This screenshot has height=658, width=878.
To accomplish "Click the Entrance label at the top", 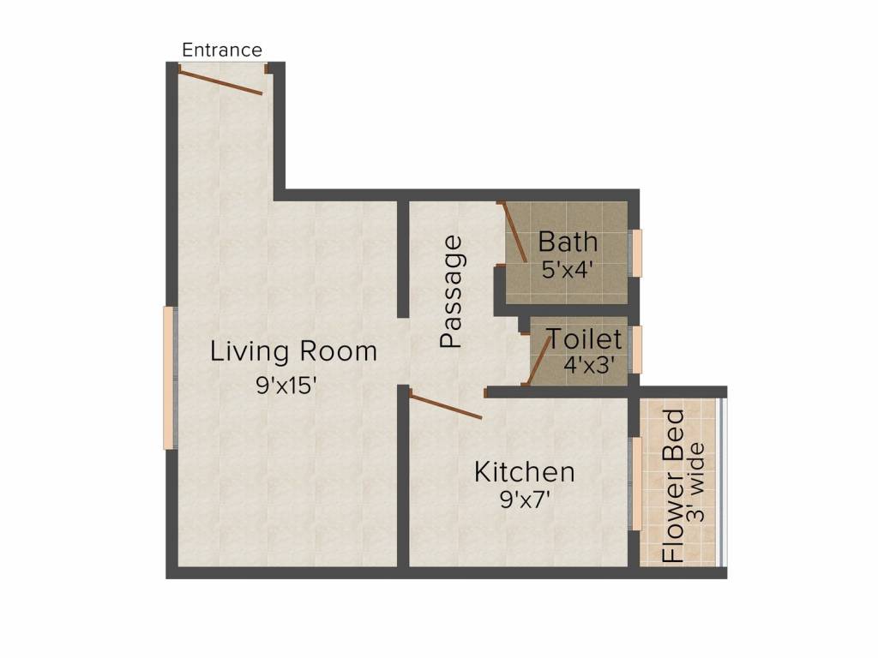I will point(222,50).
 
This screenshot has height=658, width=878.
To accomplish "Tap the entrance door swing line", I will point(220,83).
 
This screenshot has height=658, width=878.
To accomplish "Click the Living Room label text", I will point(293,351).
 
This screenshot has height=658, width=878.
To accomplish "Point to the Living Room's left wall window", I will point(170,377).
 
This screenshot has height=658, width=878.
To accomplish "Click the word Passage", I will point(451,291).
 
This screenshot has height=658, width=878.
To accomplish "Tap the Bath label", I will point(568,241).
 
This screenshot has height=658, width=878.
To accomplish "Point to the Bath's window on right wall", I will point(636,253).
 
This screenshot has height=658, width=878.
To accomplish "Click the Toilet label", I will point(585,339).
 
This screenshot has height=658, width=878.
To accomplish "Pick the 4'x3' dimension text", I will point(590,364).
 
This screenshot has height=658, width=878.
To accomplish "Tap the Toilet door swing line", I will point(537,360).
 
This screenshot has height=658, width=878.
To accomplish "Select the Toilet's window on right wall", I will point(636,350).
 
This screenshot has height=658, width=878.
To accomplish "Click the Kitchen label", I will point(525,472).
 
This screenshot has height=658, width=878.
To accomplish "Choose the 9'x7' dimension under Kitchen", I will point(525,499).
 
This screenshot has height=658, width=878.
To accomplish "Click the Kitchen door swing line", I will point(446,405).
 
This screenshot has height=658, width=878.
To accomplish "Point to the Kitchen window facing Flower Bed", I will point(635,483).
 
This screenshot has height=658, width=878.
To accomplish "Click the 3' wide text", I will point(697,482).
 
